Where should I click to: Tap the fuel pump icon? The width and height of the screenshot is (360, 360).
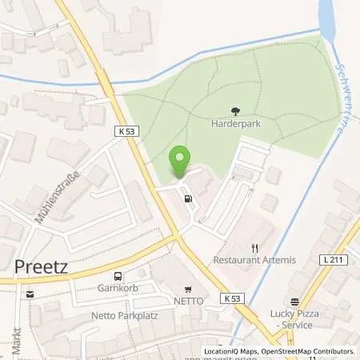click(188, 199)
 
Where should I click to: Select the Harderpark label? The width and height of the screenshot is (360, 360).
click(235, 125)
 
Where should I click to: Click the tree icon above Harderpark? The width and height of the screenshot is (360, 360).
click(235, 112)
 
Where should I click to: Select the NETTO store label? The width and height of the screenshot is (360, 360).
click(189, 301)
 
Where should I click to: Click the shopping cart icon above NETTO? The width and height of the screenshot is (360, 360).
click(189, 290)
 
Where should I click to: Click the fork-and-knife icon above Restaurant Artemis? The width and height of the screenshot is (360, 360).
click(255, 248)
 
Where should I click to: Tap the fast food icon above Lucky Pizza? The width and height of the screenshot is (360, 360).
click(294, 302)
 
